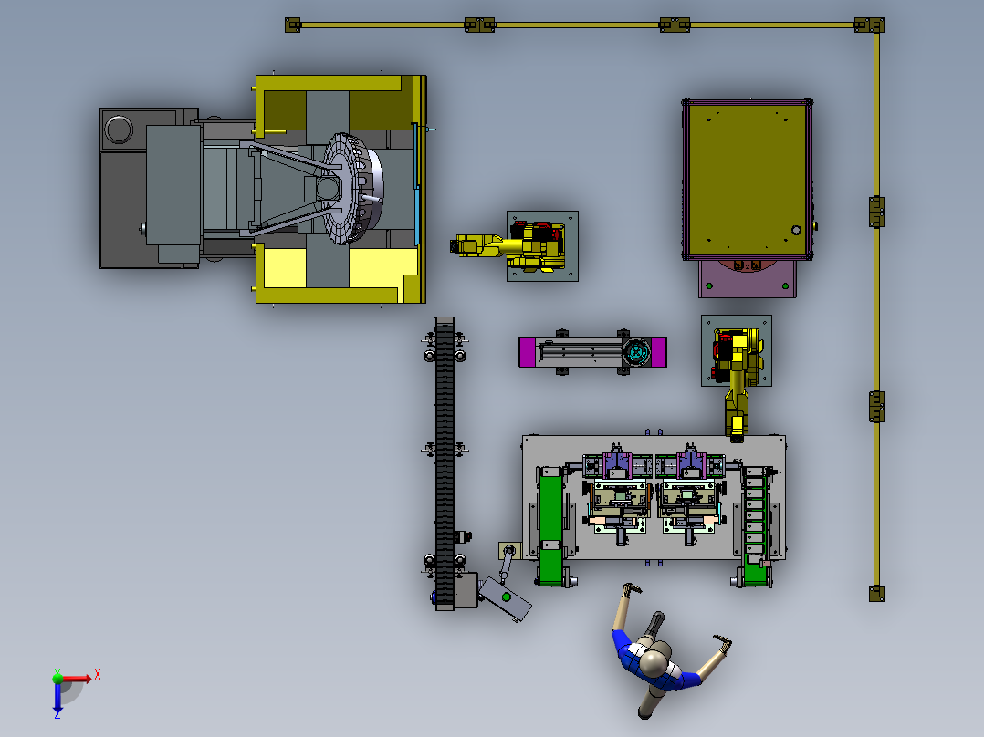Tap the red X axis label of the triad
[x=98, y=675]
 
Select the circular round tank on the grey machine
[x=119, y=130]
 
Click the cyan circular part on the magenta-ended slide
[x=637, y=352]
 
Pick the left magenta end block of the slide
[x=527, y=352]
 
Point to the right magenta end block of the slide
[x=659, y=352]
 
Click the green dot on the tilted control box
[x=506, y=597]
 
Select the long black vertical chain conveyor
[x=445, y=462]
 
